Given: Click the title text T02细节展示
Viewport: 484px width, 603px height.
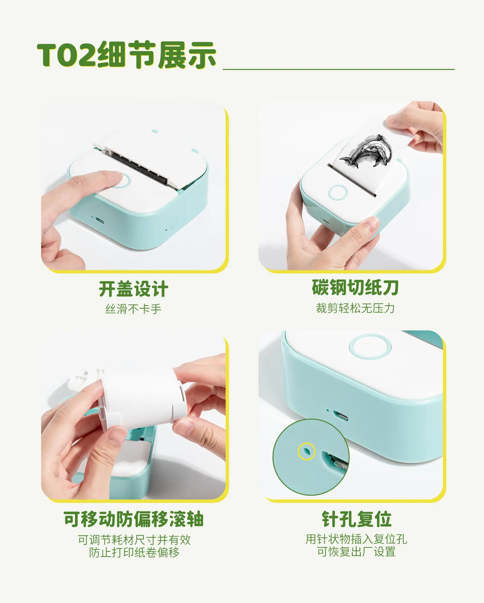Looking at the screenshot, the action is coord(127,55).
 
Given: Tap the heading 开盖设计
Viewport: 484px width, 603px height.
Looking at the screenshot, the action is coord(133,289).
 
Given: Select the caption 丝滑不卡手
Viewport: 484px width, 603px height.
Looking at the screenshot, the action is coord(133,309).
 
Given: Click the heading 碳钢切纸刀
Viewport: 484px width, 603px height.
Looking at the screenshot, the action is coord(355,287).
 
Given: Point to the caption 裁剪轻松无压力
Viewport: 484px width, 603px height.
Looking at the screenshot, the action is coord(355,308).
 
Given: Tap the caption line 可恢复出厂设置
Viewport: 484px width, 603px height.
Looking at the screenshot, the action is coord(356,552).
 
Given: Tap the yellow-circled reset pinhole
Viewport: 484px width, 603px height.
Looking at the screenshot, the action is coord(306,452).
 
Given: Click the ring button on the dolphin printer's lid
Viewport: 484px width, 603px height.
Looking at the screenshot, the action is coord(338,193).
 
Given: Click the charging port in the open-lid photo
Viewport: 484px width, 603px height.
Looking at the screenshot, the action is coord(100,220).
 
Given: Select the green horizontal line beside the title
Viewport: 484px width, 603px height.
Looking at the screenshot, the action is coord(339,69).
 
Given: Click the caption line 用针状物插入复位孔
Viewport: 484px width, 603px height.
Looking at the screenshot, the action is coord(356,539).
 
